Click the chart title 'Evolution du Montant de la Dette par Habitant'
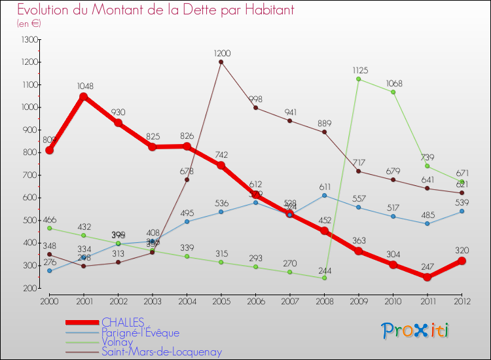(x=155, y=10)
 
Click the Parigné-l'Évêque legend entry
(x=140, y=333)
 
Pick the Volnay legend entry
(x=117, y=342)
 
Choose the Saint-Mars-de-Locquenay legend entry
(x=161, y=351)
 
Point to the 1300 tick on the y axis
(x=29, y=40)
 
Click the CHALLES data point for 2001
(x=84, y=97)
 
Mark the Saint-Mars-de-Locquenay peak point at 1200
(x=221, y=62)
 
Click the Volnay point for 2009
(x=359, y=79)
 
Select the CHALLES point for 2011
(x=427, y=277)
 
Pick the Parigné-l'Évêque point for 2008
(x=324, y=195)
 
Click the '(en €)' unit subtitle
(x=29, y=23)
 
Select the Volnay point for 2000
(x=50, y=228)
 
